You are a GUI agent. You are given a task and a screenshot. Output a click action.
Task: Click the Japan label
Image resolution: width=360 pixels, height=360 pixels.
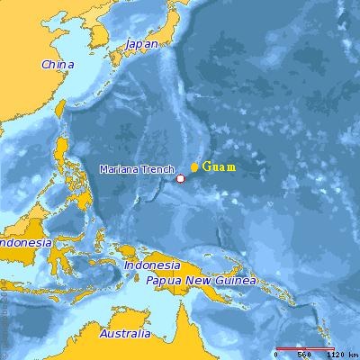141,43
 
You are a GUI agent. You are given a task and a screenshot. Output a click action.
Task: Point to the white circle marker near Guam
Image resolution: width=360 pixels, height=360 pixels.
180,178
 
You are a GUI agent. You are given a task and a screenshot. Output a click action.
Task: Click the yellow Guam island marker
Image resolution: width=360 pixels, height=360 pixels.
194,167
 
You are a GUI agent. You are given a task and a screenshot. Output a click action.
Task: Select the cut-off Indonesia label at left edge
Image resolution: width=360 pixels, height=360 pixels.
22,244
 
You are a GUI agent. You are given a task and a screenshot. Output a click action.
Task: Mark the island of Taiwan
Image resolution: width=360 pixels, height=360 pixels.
61,108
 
